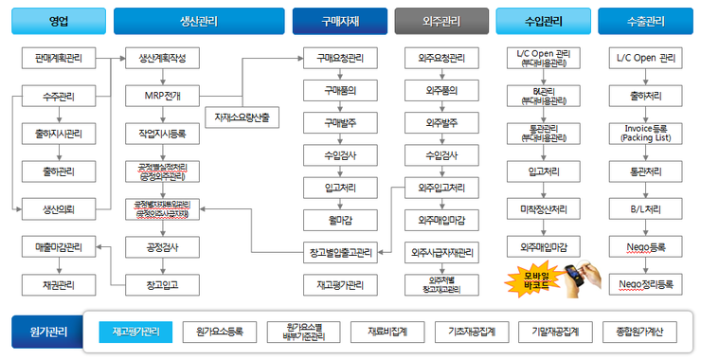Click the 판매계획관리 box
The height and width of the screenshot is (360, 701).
(58, 59)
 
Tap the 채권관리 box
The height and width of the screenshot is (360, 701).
(58, 283)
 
